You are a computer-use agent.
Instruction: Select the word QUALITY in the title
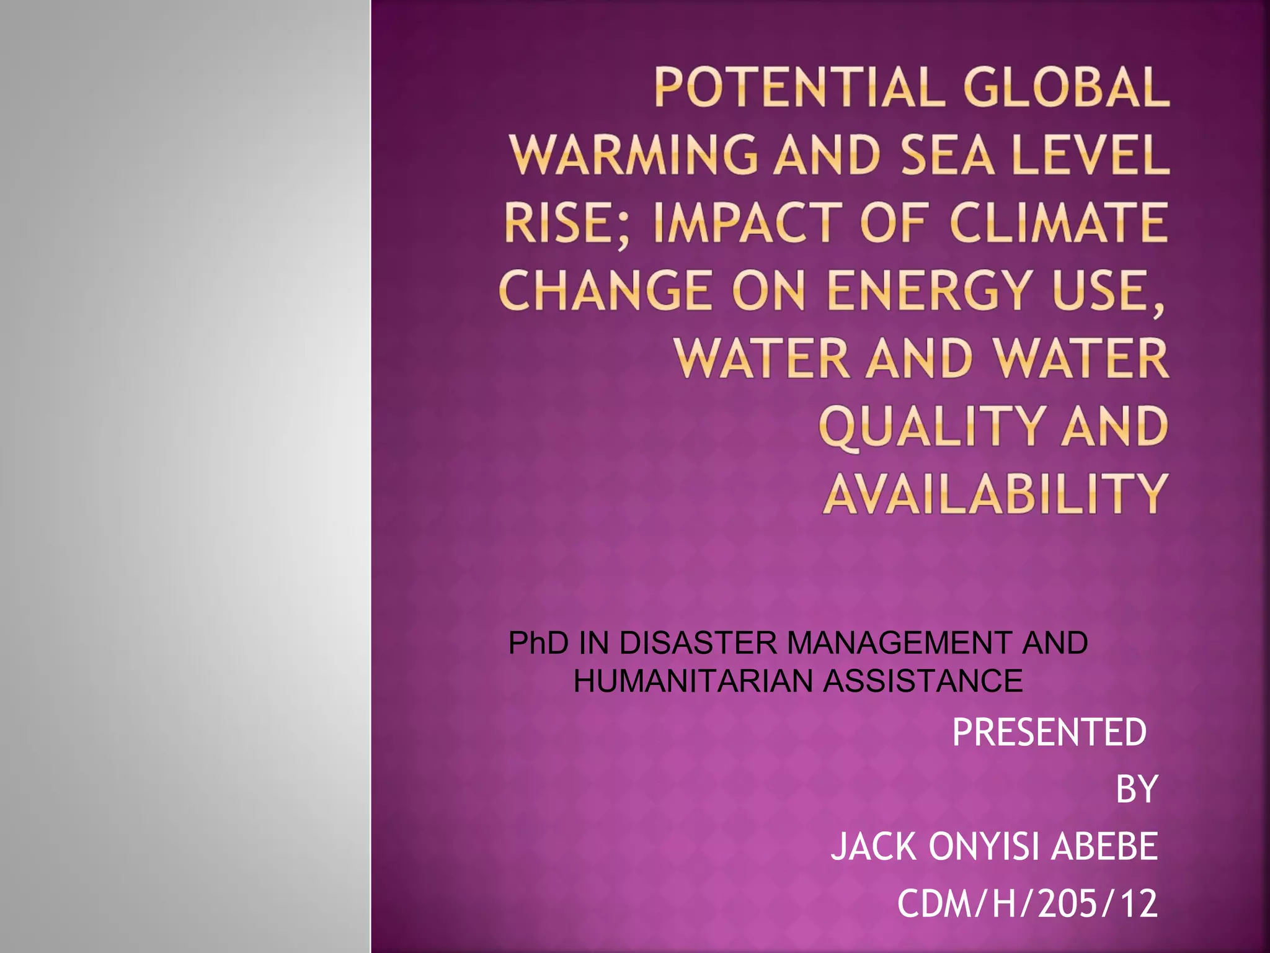coord(931,427)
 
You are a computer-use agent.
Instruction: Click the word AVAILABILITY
coord(995,494)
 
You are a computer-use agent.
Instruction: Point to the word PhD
coord(538,643)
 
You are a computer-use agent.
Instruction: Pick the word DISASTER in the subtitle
coord(698,643)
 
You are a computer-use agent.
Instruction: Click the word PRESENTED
coord(1049,732)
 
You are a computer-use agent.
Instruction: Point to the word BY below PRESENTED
coord(1136,790)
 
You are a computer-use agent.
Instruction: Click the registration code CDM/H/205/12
coord(1027,904)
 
